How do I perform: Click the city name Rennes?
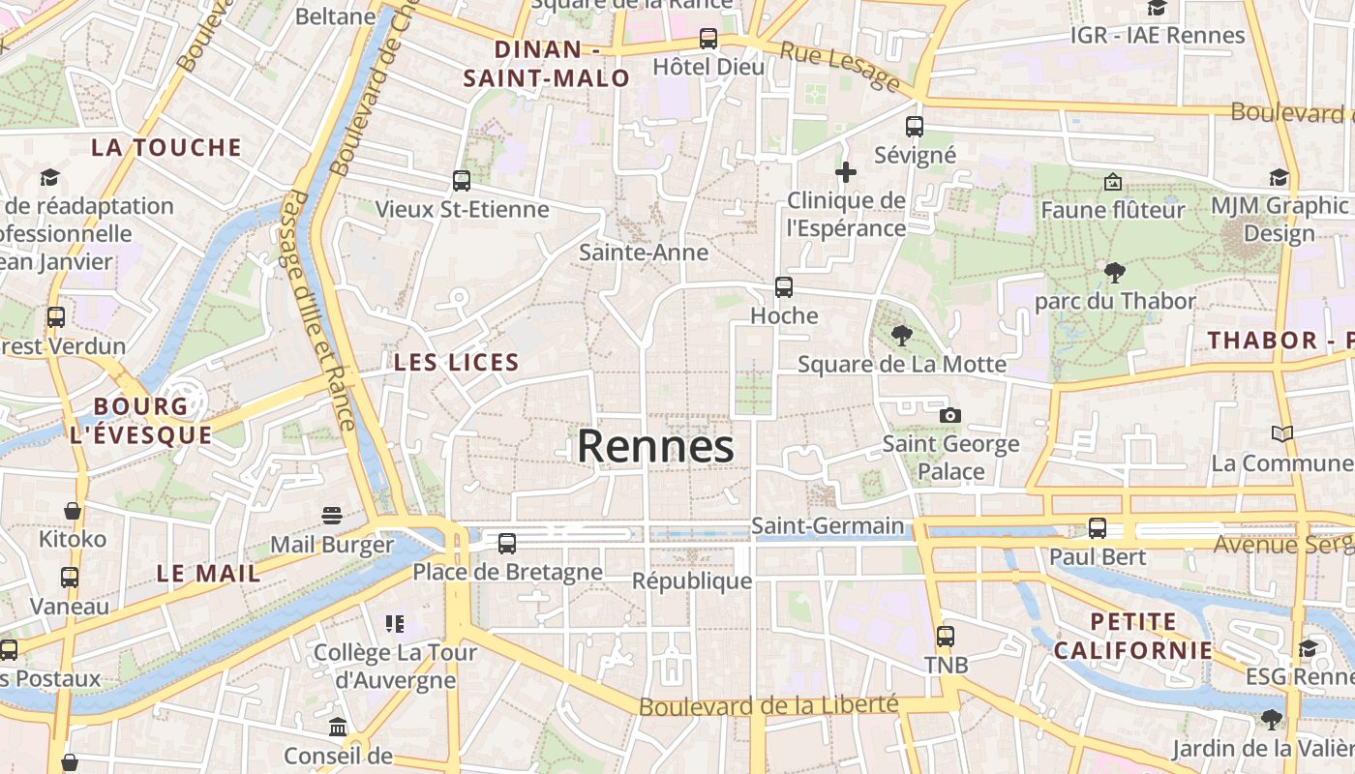655,447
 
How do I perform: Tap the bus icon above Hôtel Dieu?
708,39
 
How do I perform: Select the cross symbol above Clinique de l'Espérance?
846,172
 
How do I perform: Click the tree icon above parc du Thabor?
1115,273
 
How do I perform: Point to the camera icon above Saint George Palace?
950,415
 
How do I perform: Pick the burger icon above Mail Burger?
332,515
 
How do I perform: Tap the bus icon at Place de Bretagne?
507,544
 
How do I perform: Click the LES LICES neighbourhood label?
457,363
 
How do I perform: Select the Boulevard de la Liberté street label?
768,705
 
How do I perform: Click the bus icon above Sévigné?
915,126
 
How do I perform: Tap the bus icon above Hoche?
784,287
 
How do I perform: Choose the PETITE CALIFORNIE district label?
1132,636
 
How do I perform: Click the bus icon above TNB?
946,637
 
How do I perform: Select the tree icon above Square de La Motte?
902,336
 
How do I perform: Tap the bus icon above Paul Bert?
1098,528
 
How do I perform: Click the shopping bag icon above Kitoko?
73,510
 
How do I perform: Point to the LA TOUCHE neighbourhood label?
166,148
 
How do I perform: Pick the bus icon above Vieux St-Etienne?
462,181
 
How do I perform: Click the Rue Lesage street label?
840,67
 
